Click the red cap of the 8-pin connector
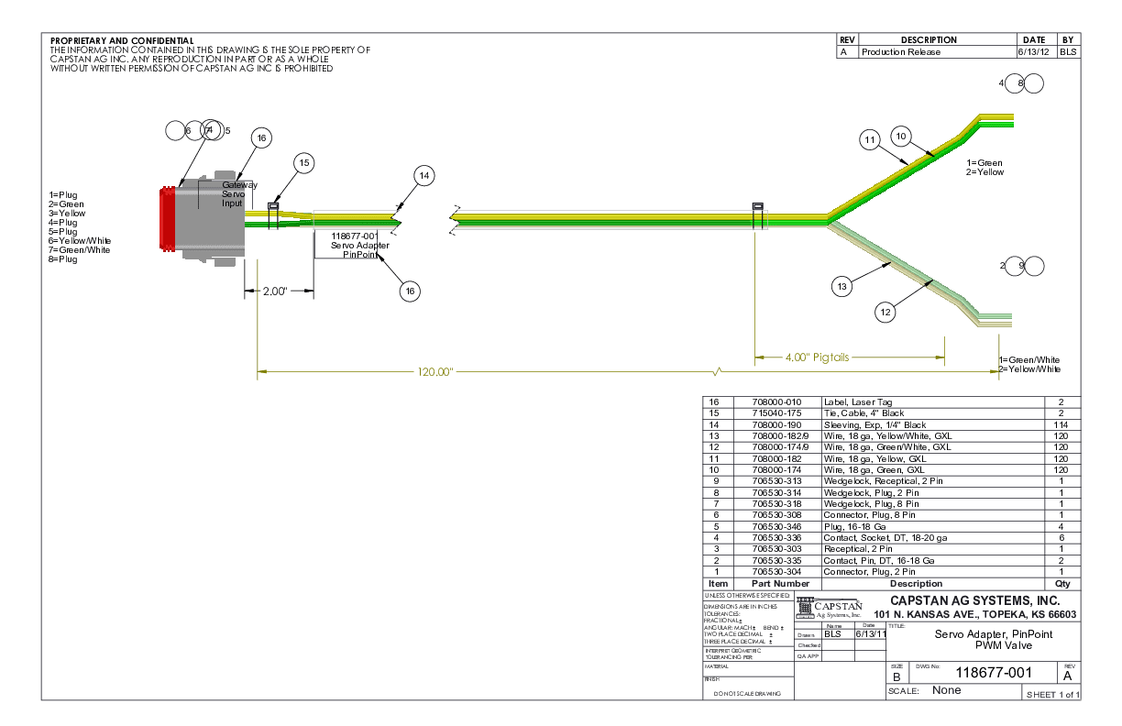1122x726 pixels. pyautogui.click(x=167, y=218)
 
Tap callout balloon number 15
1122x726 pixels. pyautogui.click(x=305, y=162)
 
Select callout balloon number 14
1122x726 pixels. pyautogui.click(x=423, y=175)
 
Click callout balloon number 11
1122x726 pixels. pyautogui.click(x=870, y=139)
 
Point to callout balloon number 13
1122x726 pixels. pyautogui.click(x=842, y=287)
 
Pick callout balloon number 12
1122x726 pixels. pyautogui.click(x=885, y=313)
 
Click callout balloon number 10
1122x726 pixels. pyautogui.click(x=901, y=137)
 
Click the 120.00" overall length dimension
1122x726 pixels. pyautogui.click(x=434, y=372)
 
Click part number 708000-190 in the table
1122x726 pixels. pyautogui.click(x=775, y=424)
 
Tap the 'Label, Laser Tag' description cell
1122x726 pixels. pyautogui.click(x=858, y=401)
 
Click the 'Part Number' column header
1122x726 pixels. pyautogui.click(x=780, y=583)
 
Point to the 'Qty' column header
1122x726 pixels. pyautogui.click(x=1062, y=583)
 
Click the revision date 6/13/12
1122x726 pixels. pyautogui.click(x=1033, y=52)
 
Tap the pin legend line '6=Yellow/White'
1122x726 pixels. pyautogui.click(x=79, y=240)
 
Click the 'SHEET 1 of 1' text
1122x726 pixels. pyautogui.click(x=1053, y=694)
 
